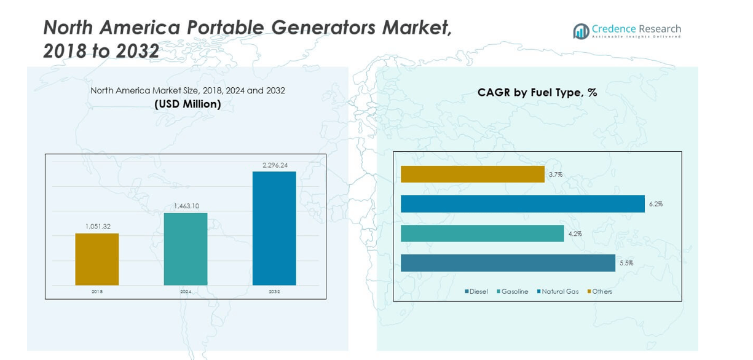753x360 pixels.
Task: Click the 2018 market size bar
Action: [97, 259]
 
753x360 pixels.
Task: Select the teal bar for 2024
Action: [186, 249]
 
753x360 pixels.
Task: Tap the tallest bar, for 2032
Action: [274, 228]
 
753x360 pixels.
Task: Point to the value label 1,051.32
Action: [98, 227]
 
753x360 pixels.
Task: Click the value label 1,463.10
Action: [186, 206]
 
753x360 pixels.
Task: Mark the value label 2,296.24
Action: [275, 165]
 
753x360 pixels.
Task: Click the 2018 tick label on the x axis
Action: [97, 292]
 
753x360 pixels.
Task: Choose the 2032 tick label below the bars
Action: [274, 292]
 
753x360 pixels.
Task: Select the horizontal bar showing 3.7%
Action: [472, 174]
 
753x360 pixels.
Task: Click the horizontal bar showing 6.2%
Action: [522, 204]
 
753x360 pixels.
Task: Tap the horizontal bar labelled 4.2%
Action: [482, 233]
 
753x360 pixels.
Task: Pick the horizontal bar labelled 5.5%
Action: [508, 263]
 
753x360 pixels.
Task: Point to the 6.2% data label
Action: [655, 204]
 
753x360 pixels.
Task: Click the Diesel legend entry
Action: [476, 291]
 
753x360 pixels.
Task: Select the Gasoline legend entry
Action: [512, 291]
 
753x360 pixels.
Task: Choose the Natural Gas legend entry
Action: [558, 291]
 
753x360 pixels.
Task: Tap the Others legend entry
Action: [600, 291]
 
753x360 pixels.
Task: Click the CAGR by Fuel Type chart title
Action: [537, 93]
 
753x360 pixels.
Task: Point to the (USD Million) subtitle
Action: [187, 104]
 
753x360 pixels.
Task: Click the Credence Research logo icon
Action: [581, 31]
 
